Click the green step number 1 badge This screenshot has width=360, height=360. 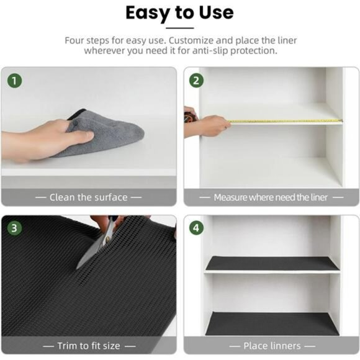[14, 81]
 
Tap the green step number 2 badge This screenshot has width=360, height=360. [196, 81]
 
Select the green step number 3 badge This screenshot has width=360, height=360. [14, 228]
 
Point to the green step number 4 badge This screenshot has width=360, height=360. [196, 228]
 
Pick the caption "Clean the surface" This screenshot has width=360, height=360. [88, 197]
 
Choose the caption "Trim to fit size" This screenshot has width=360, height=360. [88, 345]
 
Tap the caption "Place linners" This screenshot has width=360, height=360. [272, 345]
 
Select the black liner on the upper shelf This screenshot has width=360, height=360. [272, 263]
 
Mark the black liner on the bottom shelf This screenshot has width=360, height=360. [272, 323]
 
